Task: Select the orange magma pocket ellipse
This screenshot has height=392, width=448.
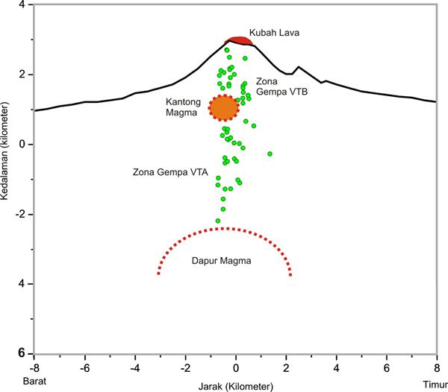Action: pyautogui.click(x=223, y=108)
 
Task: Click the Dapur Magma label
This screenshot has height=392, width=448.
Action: pyautogui.click(x=223, y=262)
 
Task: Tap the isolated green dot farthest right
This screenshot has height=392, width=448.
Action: pyautogui.click(x=270, y=154)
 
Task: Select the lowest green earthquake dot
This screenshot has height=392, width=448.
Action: pyautogui.click(x=218, y=221)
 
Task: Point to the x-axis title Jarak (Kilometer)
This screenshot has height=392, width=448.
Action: pyautogui.click(x=237, y=385)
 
